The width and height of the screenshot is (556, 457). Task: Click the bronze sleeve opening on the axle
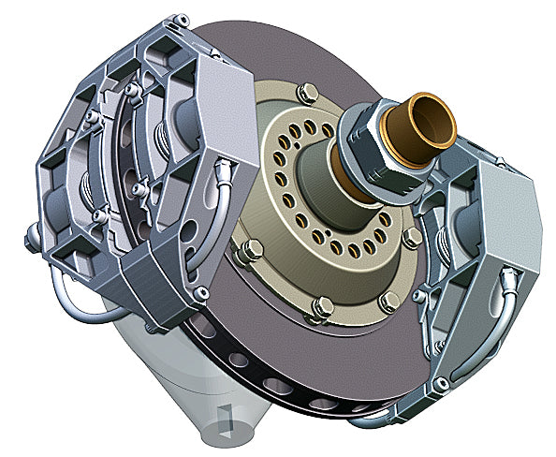427,119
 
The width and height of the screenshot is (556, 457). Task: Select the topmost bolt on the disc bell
306,93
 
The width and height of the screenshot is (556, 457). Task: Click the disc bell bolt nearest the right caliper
410,239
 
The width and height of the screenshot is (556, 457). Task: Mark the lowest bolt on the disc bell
321,306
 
